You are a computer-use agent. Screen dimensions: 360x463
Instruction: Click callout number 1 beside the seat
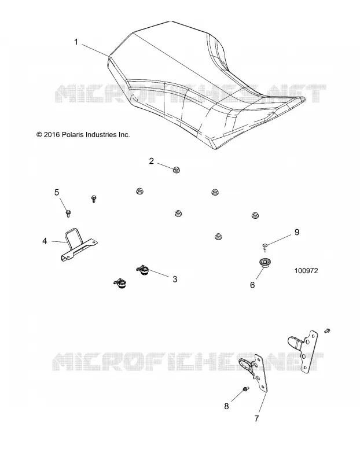pyautogui.click(x=76, y=42)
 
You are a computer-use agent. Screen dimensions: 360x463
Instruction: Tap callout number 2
pyautogui.click(x=152, y=161)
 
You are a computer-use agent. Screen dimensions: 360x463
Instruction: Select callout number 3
pyautogui.click(x=175, y=279)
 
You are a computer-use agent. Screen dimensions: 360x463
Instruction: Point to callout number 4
pyautogui.click(x=45, y=241)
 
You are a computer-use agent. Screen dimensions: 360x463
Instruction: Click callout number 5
pyautogui.click(x=57, y=193)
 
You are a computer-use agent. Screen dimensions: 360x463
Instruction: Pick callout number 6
pyautogui.click(x=252, y=285)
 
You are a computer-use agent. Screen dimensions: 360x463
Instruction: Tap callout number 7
pyautogui.click(x=256, y=418)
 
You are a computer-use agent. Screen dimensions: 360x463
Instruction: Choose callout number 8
pyautogui.click(x=226, y=406)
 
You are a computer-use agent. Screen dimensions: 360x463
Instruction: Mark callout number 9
pyautogui.click(x=297, y=232)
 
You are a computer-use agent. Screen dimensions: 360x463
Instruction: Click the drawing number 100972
pyautogui.click(x=306, y=271)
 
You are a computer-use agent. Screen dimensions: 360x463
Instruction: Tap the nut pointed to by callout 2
pyautogui.click(x=176, y=170)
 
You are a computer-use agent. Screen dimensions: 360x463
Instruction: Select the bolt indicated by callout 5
pyautogui.click(x=68, y=213)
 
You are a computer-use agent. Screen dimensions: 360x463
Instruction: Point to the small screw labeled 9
pyautogui.click(x=265, y=247)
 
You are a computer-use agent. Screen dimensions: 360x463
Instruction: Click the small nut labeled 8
pyautogui.click(x=245, y=389)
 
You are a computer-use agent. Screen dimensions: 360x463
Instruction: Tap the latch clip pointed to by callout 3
pyautogui.click(x=144, y=270)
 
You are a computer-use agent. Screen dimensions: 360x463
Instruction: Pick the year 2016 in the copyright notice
pyautogui.click(x=52, y=135)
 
